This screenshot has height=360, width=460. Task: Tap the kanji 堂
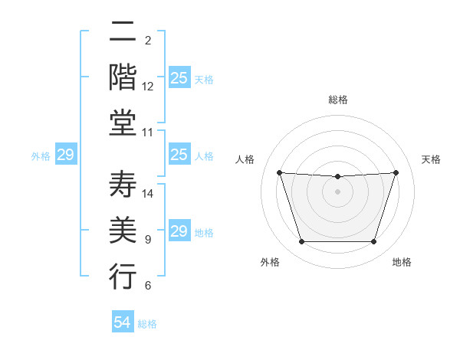point(123,123)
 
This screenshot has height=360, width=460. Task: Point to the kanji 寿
point(123,185)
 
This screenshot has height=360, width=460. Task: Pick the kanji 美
point(123,231)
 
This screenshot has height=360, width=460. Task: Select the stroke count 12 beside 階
point(148,87)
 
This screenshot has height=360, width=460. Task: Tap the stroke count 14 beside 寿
point(148,194)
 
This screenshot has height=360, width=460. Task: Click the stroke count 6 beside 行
point(148,286)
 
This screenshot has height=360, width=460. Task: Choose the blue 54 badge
point(123,322)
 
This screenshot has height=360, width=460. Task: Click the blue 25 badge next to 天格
point(179,78)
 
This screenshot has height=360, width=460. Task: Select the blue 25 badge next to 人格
point(179,155)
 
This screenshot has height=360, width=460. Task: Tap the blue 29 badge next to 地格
point(179,231)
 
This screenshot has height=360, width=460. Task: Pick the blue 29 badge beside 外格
point(65,155)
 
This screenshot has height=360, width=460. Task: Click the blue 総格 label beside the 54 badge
point(147,324)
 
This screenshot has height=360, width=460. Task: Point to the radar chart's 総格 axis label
point(338,100)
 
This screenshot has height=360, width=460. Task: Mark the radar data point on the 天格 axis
point(396,172)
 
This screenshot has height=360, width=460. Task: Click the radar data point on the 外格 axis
point(301,242)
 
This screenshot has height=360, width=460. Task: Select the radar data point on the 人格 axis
point(279,172)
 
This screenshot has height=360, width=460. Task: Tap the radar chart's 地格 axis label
point(402,263)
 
